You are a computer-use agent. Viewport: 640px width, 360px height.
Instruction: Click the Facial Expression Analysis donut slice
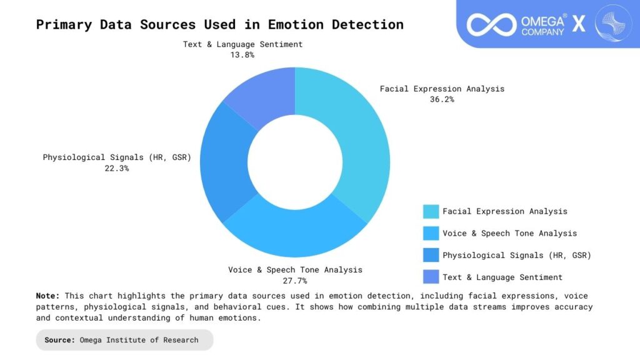[x=357, y=144]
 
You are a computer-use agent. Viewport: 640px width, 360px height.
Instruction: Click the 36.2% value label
[x=442, y=99]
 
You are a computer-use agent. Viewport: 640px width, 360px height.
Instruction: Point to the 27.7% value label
[x=295, y=281]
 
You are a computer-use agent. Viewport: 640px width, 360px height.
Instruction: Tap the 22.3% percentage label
[x=117, y=168]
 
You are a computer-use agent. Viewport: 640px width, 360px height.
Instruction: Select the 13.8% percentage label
[x=242, y=55]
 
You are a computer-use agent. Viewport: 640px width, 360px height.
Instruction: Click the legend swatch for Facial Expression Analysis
[x=430, y=211]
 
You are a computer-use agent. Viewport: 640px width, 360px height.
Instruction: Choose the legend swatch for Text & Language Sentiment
[x=430, y=277]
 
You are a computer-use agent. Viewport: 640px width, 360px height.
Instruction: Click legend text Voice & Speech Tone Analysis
[x=509, y=233]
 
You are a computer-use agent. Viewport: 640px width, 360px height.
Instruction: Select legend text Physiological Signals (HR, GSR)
[x=516, y=255]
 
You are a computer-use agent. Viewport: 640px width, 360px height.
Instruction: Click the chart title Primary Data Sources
[x=219, y=25]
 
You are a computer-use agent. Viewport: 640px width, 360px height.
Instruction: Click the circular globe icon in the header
[x=613, y=23]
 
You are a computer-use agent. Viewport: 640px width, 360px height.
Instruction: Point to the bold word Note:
[x=47, y=296]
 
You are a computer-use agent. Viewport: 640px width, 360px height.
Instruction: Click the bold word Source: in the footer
[x=61, y=340]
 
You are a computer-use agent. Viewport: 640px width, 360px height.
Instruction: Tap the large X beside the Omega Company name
[x=579, y=24]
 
